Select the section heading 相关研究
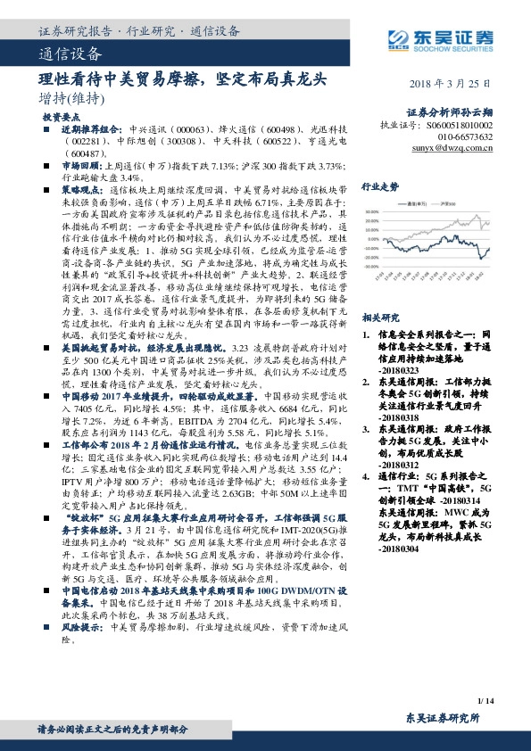[x=379, y=317]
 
